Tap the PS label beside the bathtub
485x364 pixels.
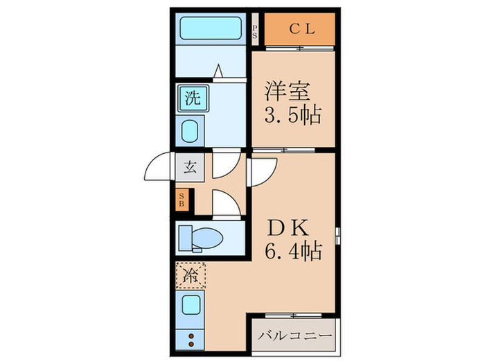point(255,31)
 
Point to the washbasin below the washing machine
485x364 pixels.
point(191,130)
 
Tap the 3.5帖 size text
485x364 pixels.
point(293,114)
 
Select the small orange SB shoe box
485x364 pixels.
point(182,201)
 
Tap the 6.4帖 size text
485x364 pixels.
point(293,251)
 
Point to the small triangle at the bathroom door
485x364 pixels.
point(218,70)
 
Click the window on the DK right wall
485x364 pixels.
point(338,234)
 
